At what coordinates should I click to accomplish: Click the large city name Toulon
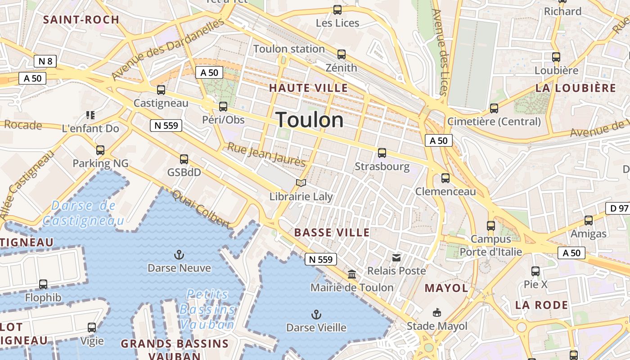click(x=310, y=120)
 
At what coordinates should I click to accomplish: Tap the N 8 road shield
click(x=45, y=61)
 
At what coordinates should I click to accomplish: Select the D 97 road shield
click(x=617, y=208)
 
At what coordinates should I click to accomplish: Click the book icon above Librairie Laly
click(x=301, y=183)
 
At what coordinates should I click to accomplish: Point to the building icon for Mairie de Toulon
click(x=352, y=274)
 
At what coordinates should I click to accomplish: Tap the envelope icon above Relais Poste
click(x=396, y=257)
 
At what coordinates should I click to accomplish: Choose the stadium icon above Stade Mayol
click(x=436, y=312)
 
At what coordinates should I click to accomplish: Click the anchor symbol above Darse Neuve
click(x=179, y=255)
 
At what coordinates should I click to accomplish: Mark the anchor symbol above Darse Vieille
click(x=317, y=314)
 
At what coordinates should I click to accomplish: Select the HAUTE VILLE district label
click(x=309, y=88)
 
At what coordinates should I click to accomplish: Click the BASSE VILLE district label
click(x=332, y=233)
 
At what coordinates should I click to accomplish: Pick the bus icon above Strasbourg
click(x=382, y=153)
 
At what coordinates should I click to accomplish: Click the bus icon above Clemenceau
click(x=445, y=178)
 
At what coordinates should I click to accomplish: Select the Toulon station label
click(x=289, y=49)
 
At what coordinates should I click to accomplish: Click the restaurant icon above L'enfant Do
click(x=90, y=115)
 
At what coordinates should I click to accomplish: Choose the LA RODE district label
click(x=542, y=305)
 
